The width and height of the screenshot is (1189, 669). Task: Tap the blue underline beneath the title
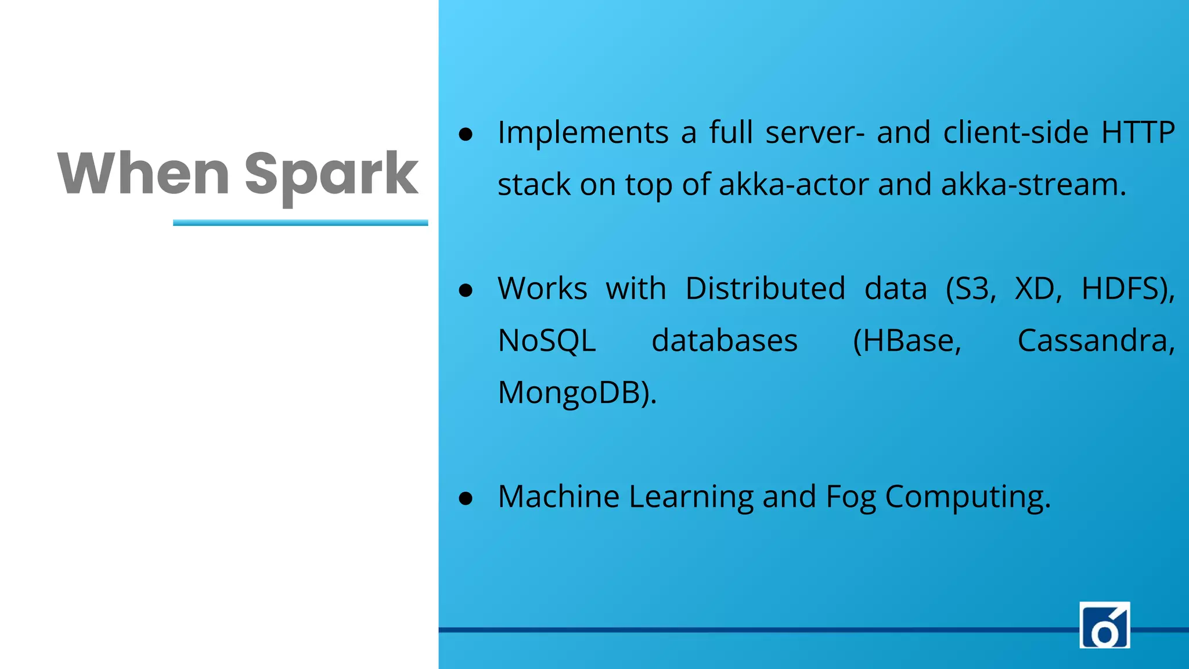point(300,222)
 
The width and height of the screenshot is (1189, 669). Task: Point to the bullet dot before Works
point(466,290)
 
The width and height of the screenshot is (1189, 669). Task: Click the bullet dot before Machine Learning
point(466,498)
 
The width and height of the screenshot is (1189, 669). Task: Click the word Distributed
point(765,289)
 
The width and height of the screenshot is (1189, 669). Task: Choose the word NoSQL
point(547,341)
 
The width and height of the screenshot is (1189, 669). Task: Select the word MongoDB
point(574,393)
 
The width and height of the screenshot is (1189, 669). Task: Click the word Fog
point(851,498)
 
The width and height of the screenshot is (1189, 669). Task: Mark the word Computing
point(967,498)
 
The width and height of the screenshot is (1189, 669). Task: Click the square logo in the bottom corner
point(1104,624)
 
